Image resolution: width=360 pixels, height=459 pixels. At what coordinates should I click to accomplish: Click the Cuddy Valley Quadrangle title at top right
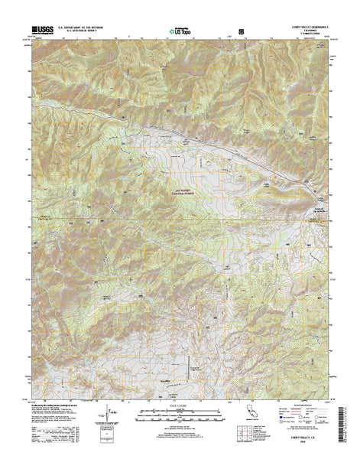(308, 27)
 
